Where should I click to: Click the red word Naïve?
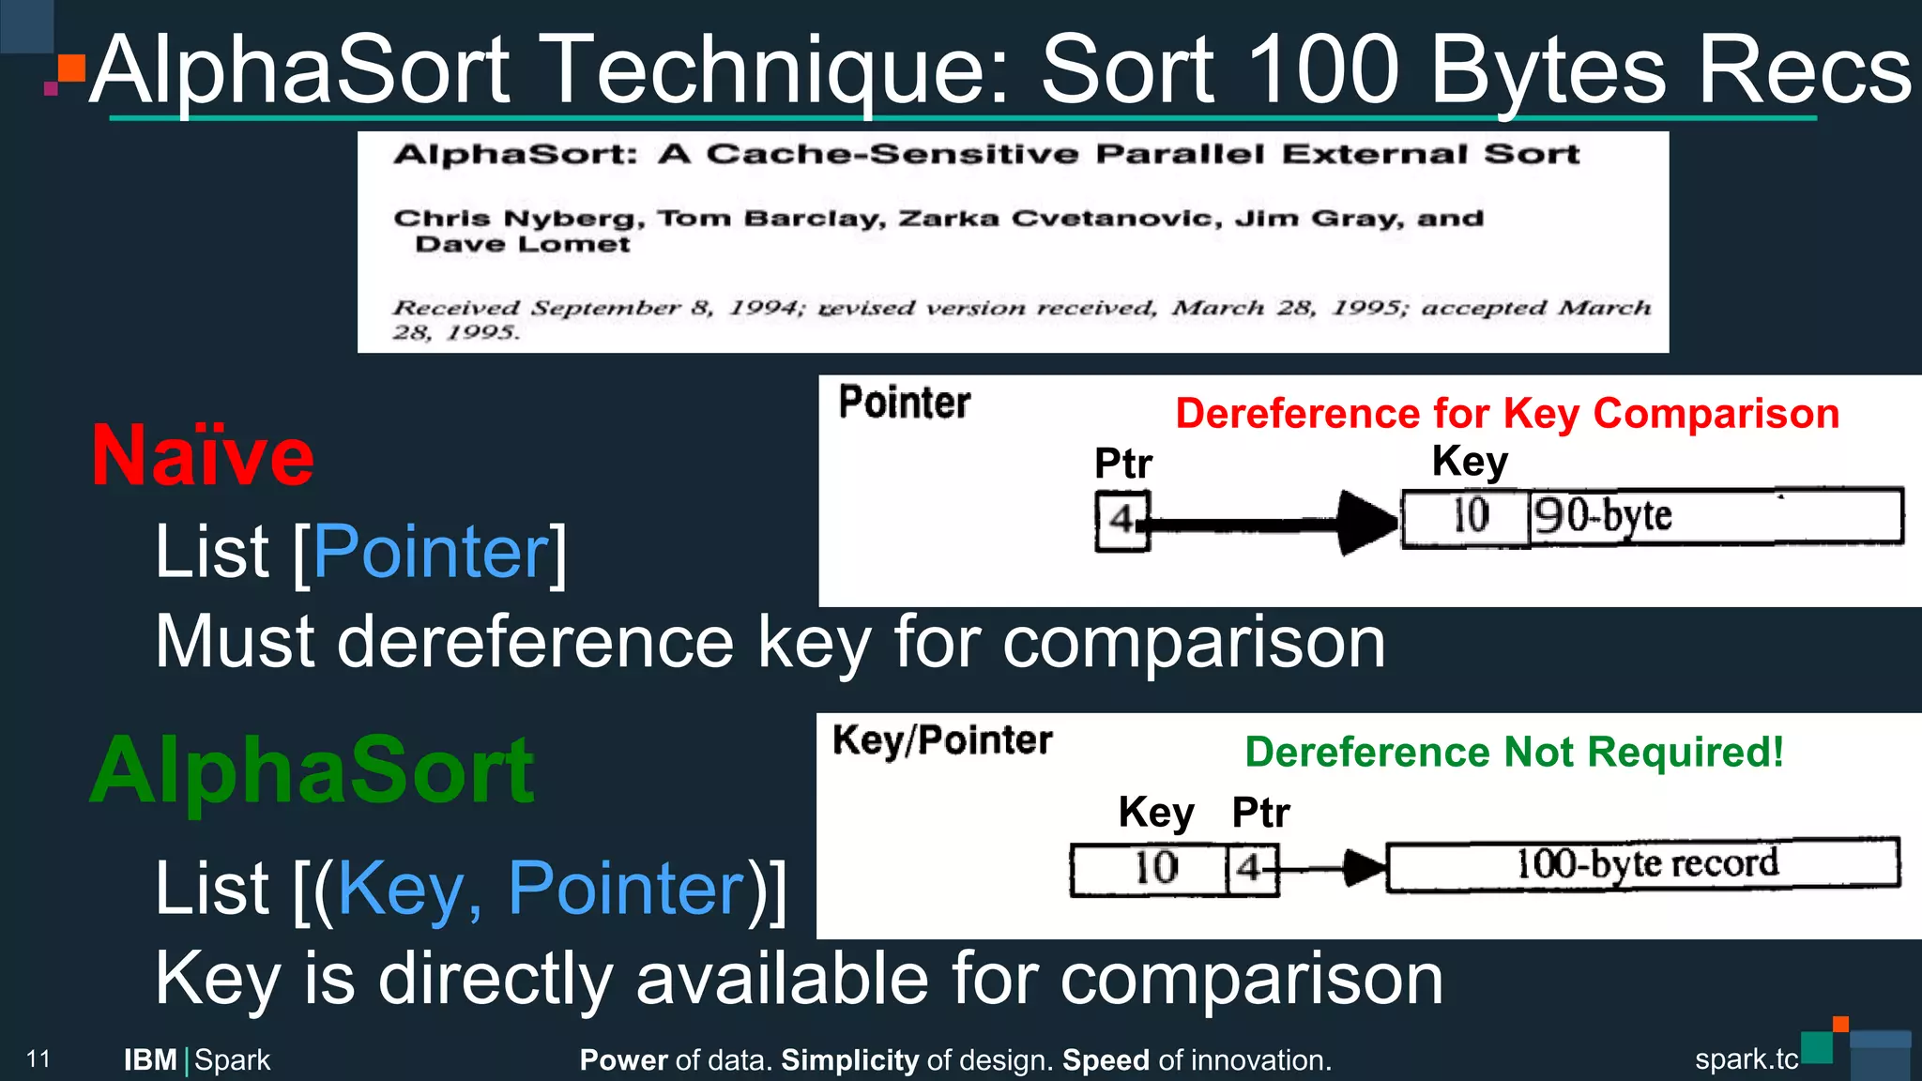coord(203,457)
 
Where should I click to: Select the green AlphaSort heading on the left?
coord(313,771)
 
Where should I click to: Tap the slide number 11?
coord(38,1059)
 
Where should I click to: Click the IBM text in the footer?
coord(150,1060)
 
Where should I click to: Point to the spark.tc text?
coord(1746,1059)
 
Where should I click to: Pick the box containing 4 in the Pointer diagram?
coord(1121,521)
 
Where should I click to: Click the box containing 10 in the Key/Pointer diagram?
coord(1151,869)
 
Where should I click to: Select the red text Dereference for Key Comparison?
coord(1507,414)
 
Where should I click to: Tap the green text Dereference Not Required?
coord(1514,753)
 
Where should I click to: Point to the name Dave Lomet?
coord(523,245)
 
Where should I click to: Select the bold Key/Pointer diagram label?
coord(942,740)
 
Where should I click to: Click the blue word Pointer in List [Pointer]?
coord(431,552)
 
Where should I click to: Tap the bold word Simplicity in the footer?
coord(850,1060)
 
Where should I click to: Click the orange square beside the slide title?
coord(72,69)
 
